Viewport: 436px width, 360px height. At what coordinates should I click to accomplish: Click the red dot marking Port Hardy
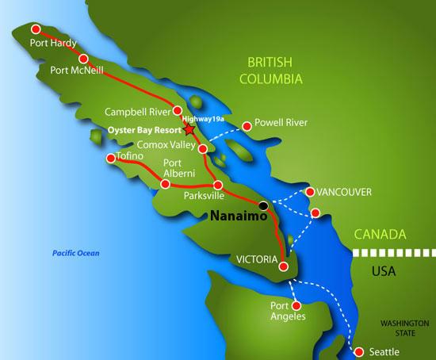point(35,29)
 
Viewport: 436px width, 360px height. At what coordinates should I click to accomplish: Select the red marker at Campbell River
point(178,111)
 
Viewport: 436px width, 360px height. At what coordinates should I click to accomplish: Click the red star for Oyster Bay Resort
point(189,128)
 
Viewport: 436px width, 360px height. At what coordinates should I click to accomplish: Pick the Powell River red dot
point(247,124)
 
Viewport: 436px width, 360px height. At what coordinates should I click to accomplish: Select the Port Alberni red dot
point(166,184)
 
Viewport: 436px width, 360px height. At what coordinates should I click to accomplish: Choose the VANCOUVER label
point(343,192)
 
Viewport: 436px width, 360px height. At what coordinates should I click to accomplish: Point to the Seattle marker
point(358,352)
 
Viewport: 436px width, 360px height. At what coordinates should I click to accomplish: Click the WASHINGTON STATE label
point(404,327)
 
